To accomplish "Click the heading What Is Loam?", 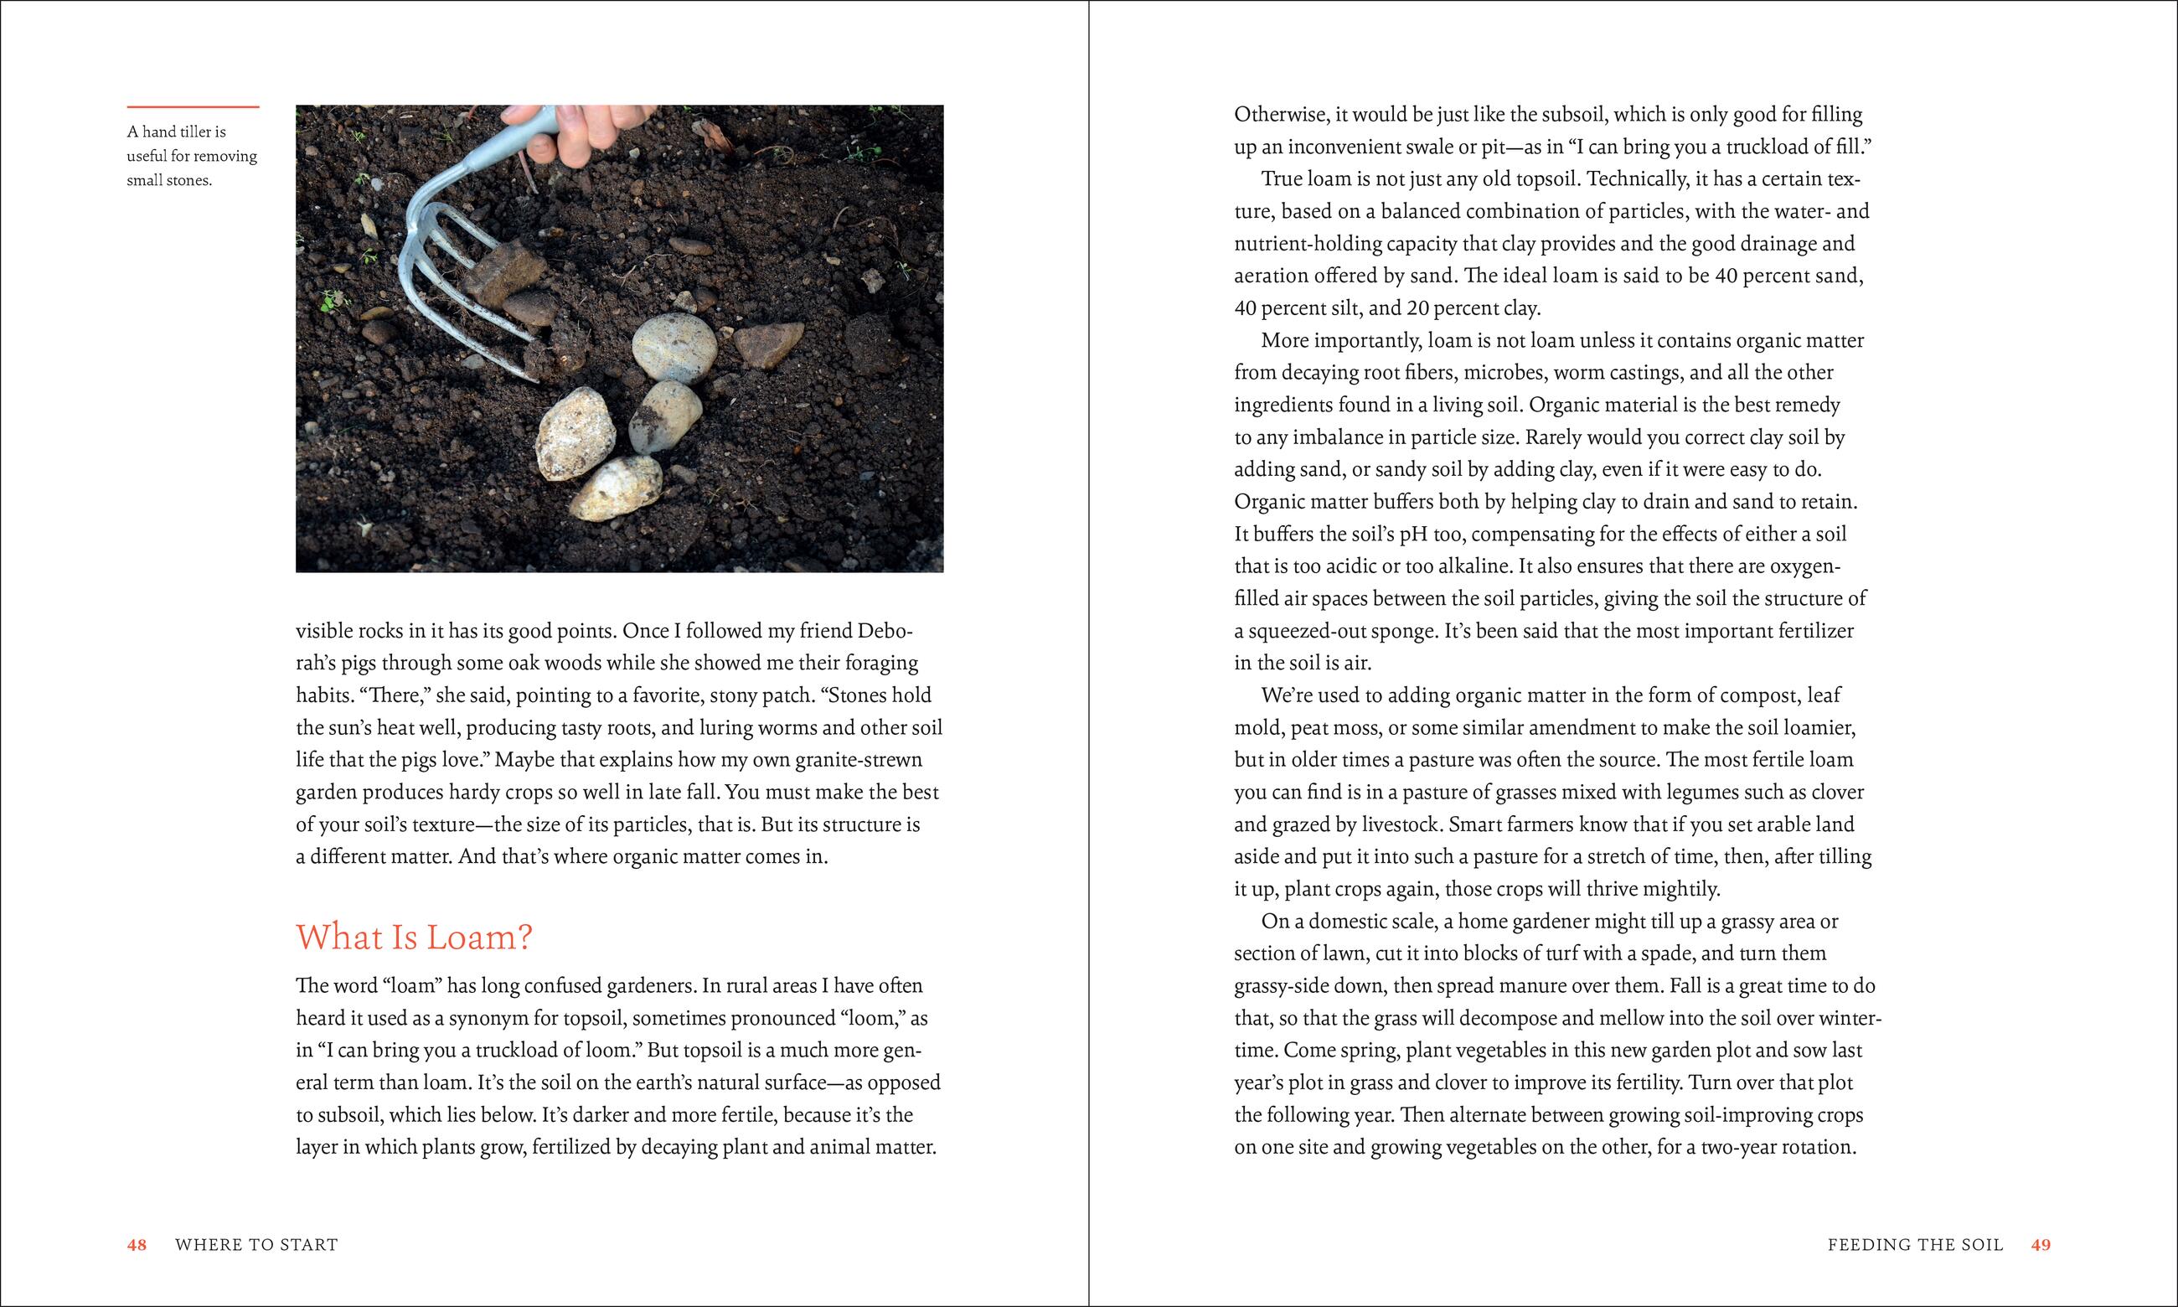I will point(414,937).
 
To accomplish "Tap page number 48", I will point(137,1244).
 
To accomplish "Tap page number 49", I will point(2041,1244).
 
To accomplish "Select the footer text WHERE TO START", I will point(256,1244).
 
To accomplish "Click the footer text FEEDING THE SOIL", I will point(1915,1244).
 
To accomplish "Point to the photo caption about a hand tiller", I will point(191,156).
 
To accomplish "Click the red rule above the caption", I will point(193,107).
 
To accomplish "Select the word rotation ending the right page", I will point(1815,1148).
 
